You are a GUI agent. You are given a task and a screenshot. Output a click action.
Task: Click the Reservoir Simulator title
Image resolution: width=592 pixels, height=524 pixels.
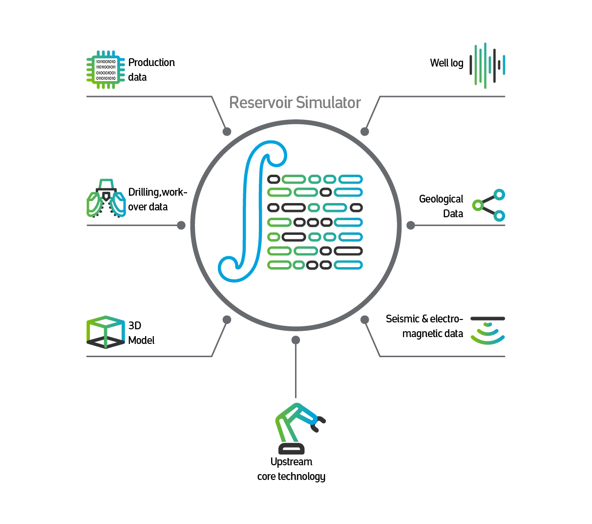295,103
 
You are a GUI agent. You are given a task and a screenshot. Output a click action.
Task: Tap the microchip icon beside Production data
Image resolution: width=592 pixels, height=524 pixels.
106,69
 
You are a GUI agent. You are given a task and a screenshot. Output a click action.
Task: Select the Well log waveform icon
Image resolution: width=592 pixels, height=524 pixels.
487,65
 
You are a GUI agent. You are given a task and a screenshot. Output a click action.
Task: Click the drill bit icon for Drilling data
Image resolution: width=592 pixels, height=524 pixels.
106,199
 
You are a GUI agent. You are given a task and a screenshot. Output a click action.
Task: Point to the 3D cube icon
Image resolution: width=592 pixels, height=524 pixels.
106,332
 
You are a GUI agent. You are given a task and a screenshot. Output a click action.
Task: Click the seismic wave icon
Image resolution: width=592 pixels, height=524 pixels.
487,331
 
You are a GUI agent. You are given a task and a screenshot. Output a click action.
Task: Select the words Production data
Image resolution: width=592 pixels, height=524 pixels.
151,69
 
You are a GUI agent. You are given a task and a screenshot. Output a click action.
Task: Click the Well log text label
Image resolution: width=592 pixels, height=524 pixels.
446,63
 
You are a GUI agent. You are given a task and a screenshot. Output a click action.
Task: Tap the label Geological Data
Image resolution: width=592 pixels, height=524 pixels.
442,206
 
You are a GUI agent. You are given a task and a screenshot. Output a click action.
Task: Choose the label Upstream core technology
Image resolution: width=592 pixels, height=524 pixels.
291,469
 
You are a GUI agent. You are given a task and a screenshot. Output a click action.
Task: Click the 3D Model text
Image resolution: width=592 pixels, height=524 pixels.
141,333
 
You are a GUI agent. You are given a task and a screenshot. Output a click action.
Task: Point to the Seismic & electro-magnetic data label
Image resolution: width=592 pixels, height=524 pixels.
424,326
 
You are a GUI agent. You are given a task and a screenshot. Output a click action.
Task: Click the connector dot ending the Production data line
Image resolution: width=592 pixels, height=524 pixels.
227,131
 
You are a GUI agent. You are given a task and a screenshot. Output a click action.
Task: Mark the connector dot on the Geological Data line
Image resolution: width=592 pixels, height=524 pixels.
411,225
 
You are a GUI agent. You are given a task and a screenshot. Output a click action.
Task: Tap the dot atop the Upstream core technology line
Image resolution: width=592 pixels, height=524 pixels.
296,340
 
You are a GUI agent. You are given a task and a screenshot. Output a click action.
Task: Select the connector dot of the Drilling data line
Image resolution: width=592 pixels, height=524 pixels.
181,225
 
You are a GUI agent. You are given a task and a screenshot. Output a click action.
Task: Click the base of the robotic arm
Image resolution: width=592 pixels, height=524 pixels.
292,449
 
